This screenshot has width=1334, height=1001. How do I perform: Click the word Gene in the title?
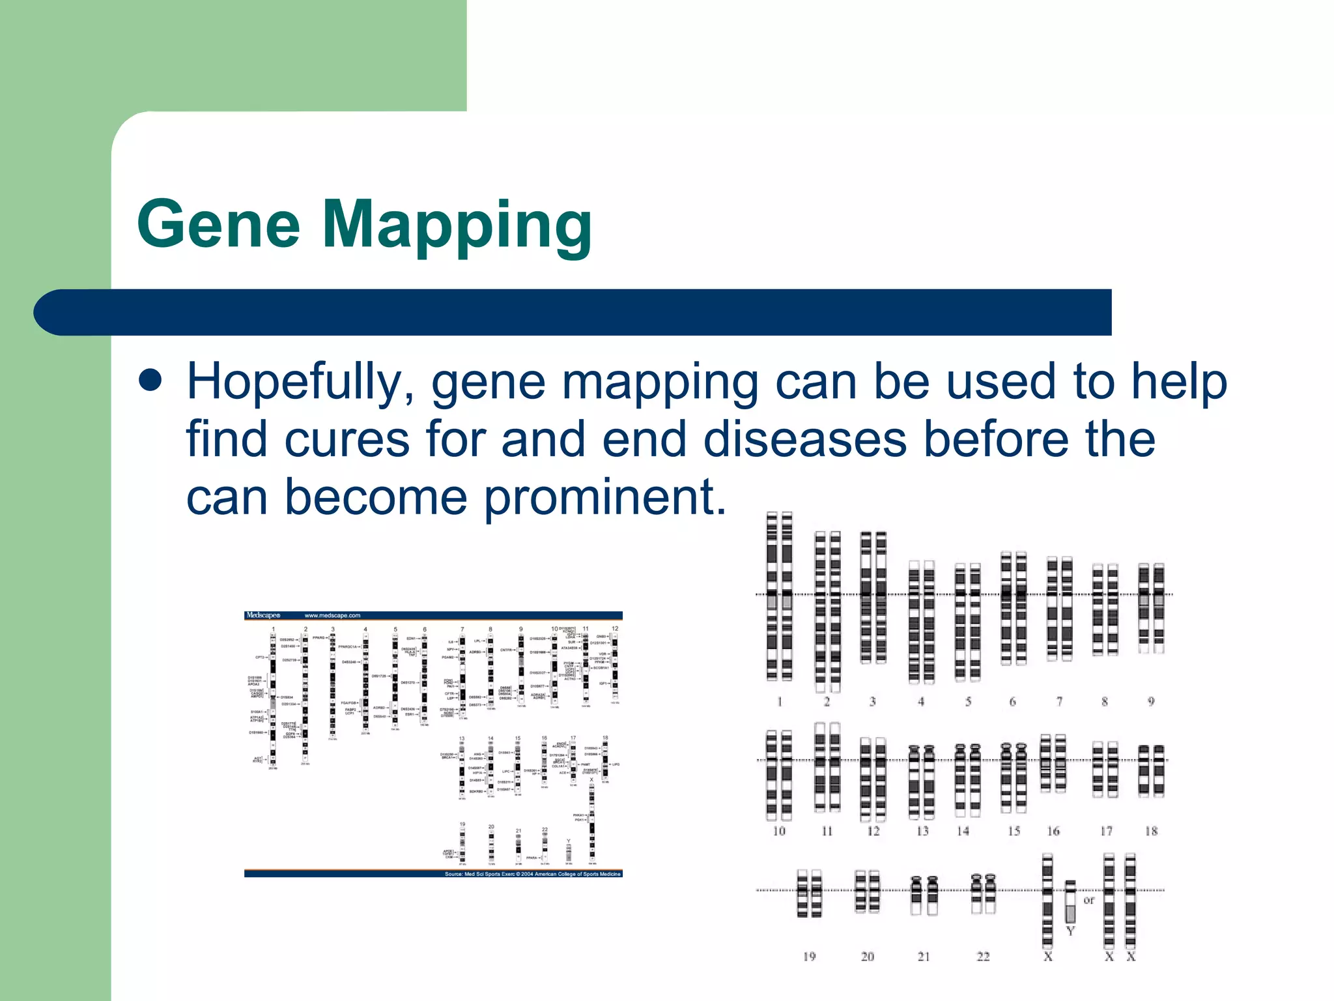[219, 224]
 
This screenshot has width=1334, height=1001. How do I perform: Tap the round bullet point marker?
[150, 380]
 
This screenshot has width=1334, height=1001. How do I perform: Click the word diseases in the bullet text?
[805, 439]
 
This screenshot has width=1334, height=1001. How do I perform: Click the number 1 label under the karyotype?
[779, 702]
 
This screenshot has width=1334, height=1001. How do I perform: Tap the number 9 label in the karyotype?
[1151, 702]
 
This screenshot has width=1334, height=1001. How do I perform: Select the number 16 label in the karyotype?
[1053, 831]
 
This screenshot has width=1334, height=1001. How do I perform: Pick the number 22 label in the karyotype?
[983, 957]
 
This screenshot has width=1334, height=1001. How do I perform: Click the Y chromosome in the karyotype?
[1070, 903]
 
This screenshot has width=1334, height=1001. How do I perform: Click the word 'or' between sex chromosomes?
[1089, 900]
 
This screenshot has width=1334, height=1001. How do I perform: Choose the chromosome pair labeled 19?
[809, 893]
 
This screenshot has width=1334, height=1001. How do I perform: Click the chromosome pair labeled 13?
[921, 782]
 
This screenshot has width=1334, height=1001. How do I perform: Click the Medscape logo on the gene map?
[263, 615]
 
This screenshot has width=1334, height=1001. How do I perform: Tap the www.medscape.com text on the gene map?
[332, 615]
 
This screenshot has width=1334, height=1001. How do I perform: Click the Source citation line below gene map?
[532, 874]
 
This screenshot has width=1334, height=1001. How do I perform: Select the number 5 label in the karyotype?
[968, 702]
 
